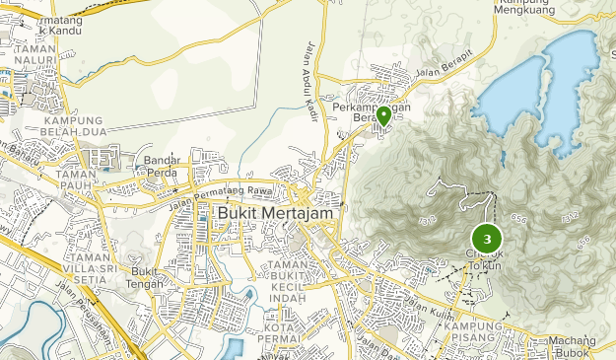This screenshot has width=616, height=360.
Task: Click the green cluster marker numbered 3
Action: [x=487, y=238]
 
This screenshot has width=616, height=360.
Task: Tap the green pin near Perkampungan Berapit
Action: [x=383, y=116]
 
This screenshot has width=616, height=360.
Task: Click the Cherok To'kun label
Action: [x=485, y=258]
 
